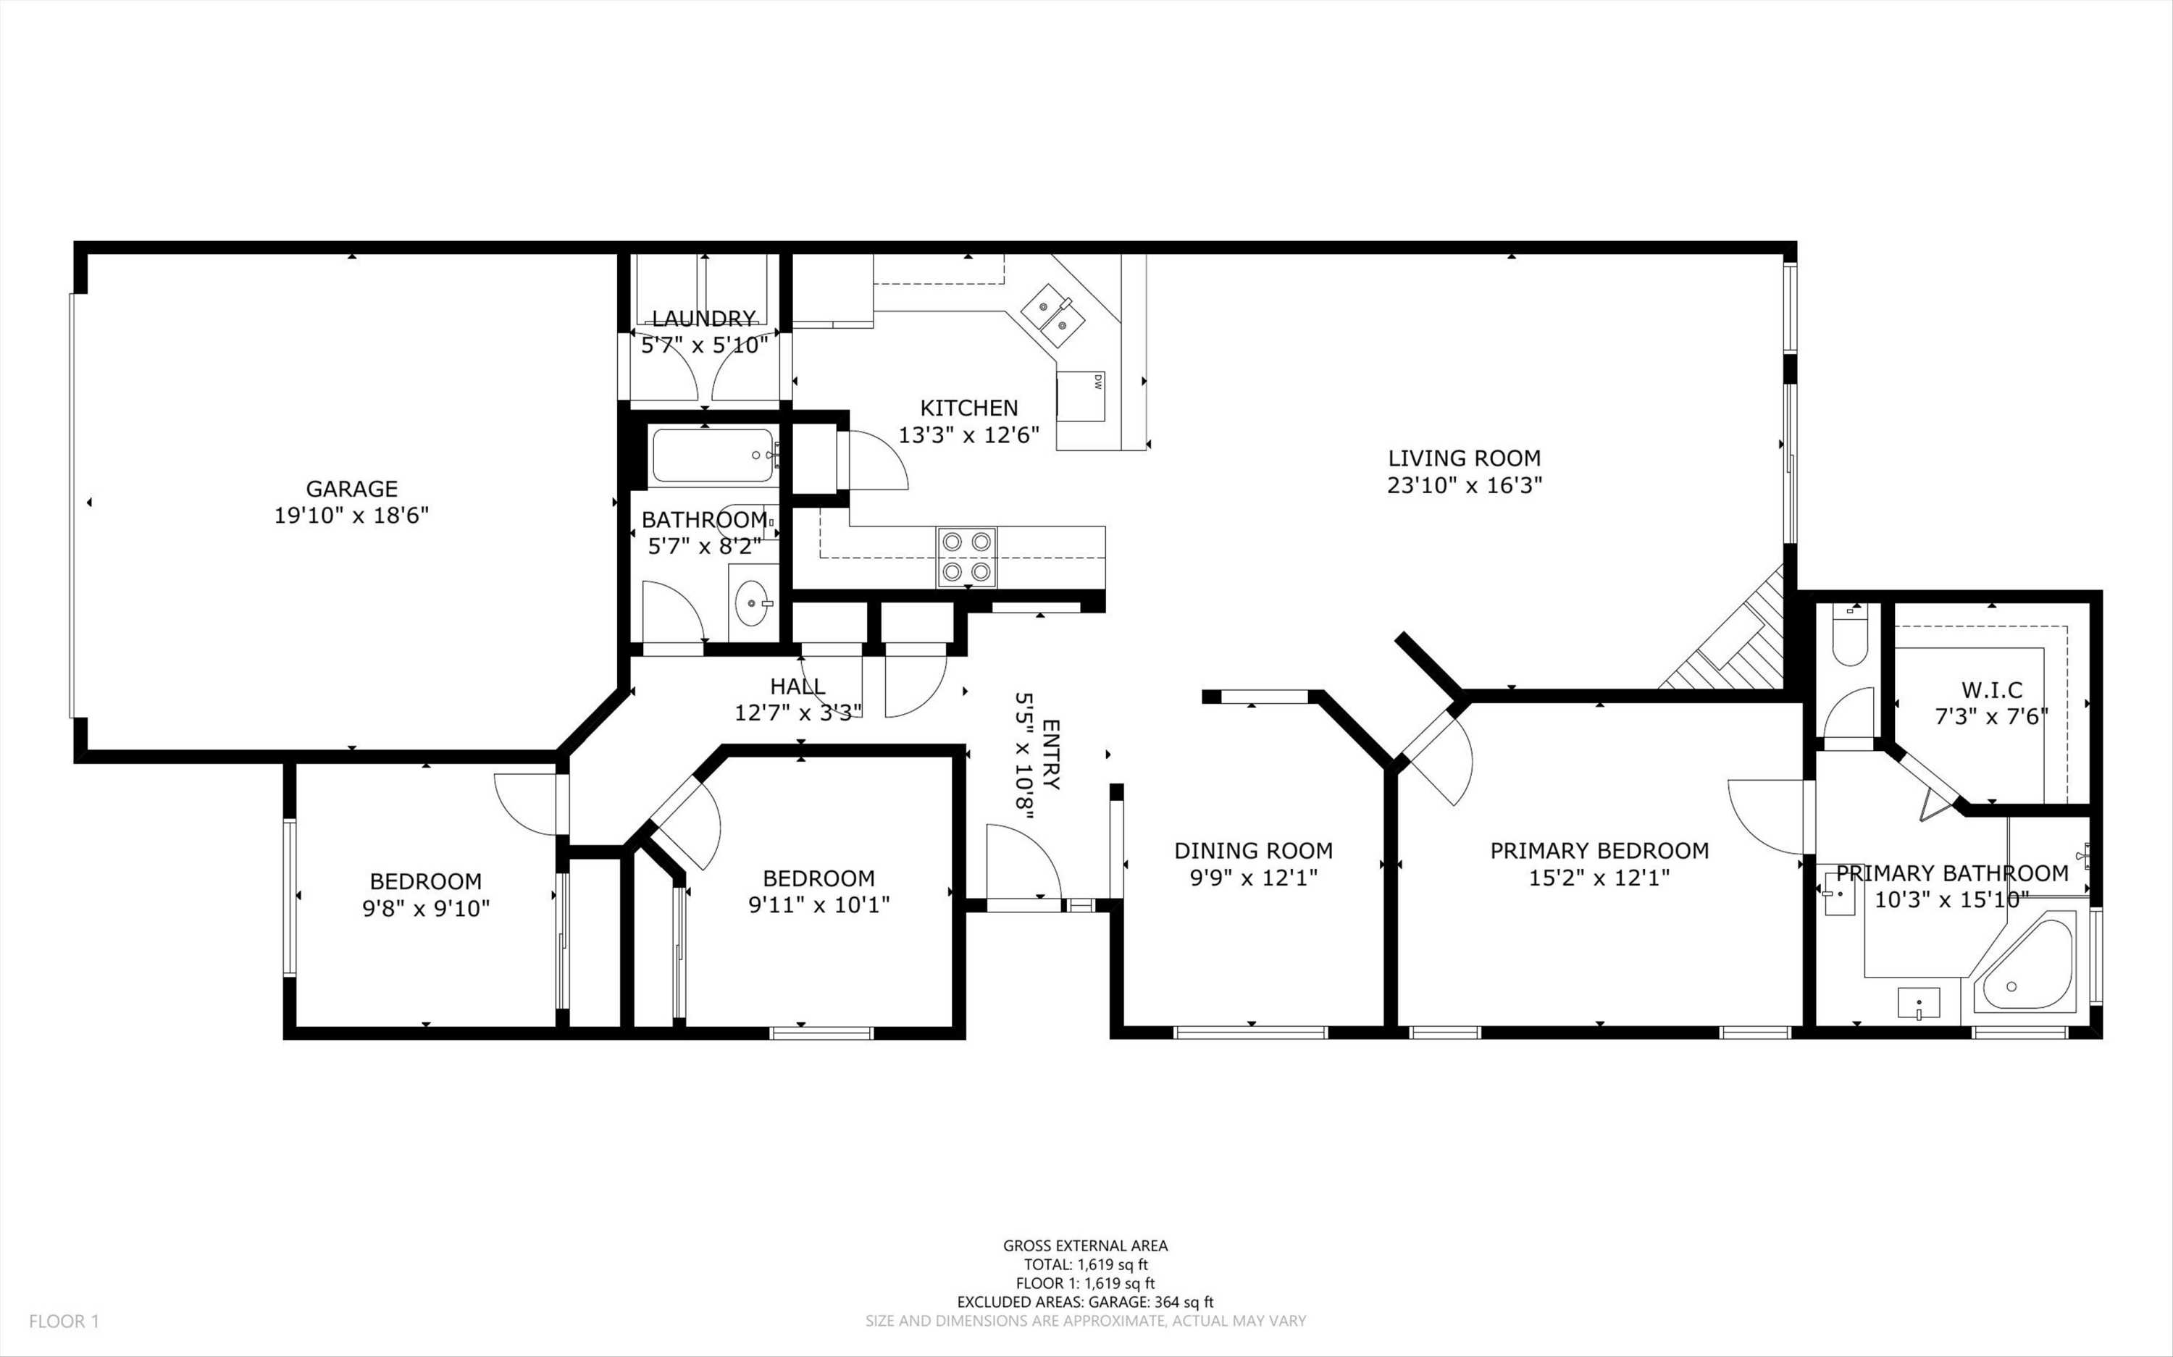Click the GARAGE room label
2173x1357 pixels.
(x=352, y=489)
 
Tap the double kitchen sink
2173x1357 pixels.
(x=1052, y=315)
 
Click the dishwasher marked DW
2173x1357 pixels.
(x=1080, y=396)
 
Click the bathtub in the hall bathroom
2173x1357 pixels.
(x=713, y=456)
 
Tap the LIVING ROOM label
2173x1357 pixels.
(x=1464, y=458)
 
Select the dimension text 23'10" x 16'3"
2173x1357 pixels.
(x=1464, y=486)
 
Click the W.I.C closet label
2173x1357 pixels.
(x=1992, y=690)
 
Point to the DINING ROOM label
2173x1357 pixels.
(x=1253, y=851)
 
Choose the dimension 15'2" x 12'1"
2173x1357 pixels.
(x=1599, y=878)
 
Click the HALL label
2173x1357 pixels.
(x=798, y=686)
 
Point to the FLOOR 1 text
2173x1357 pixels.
(x=64, y=1321)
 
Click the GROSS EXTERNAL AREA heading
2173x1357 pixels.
(x=1085, y=1245)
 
